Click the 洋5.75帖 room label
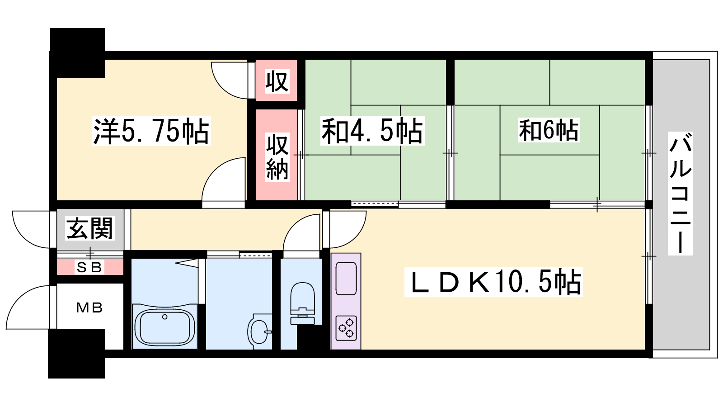(x=151, y=131)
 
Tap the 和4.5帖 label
(x=372, y=131)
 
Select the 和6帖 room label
(x=549, y=130)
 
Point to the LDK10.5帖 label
(x=493, y=282)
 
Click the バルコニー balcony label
(x=680, y=193)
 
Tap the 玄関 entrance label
(x=90, y=228)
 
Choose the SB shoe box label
(x=89, y=267)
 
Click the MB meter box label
(x=89, y=308)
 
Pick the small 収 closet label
(x=276, y=81)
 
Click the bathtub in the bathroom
(x=164, y=327)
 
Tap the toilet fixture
(x=302, y=303)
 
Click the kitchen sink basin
(x=346, y=279)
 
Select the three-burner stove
(x=346, y=328)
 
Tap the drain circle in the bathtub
(x=164, y=317)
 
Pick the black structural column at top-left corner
(x=77, y=52)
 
